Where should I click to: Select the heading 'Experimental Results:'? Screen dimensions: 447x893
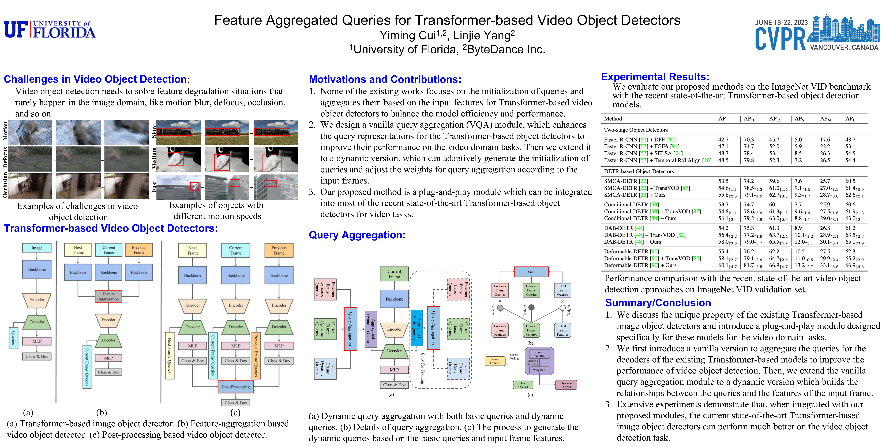pos(655,77)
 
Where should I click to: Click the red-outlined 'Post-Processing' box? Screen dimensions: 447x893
pos(236,387)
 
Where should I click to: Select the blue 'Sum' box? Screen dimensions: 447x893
pos(531,272)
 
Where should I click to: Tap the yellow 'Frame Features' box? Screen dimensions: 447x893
pos(495,361)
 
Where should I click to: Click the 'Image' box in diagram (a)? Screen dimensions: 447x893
pos(37,248)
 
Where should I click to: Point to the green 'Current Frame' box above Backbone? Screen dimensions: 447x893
pos(394,274)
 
